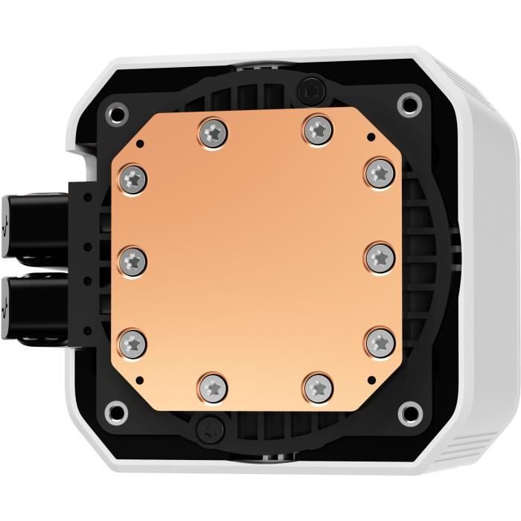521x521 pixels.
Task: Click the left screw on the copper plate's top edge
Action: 214,133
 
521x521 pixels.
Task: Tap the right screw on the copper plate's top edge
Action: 316,129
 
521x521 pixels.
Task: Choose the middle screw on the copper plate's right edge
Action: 379,255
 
